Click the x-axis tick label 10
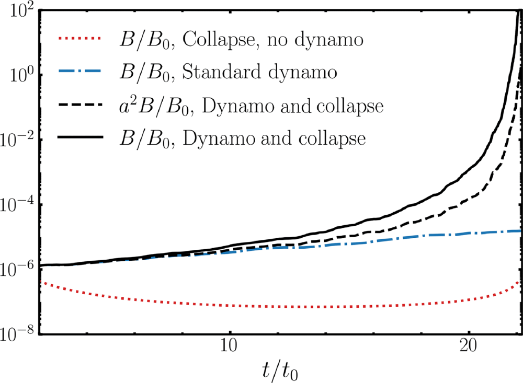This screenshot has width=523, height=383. [229, 348]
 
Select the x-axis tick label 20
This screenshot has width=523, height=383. [469, 348]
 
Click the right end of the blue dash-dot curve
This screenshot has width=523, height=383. [519, 231]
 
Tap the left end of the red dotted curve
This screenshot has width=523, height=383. [41, 282]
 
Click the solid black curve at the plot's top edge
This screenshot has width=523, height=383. [518, 10]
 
